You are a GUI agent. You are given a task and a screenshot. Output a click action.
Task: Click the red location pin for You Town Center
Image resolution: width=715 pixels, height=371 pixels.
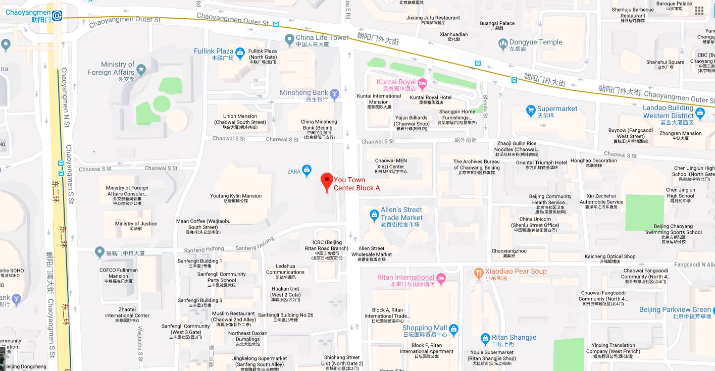327,181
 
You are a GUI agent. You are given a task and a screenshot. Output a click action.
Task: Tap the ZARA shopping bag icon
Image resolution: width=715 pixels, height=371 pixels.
307,171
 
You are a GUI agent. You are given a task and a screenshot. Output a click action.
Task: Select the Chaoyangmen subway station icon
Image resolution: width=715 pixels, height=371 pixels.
57,16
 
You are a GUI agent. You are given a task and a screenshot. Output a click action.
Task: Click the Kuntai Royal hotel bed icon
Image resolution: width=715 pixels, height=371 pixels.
422,82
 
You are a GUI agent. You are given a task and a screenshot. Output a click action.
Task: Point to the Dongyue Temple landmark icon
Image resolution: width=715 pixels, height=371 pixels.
503,44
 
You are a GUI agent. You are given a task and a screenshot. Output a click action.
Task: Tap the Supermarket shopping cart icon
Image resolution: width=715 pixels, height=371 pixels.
530,110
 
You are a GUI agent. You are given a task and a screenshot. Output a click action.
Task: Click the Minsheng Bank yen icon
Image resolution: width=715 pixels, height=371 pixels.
334,93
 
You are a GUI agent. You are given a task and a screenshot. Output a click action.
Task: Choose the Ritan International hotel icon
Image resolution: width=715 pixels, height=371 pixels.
441,278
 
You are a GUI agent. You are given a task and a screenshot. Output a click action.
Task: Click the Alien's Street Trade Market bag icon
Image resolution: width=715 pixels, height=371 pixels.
374,215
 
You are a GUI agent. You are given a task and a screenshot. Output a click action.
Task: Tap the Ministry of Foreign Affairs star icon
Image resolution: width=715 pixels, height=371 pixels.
140,69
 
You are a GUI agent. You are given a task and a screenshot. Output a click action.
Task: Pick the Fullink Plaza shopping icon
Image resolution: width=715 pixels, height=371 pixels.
240,52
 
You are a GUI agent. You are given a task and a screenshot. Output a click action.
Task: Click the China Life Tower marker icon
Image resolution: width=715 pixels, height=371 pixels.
289,39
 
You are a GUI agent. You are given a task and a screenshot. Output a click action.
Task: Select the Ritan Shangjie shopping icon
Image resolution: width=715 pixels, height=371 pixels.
485,339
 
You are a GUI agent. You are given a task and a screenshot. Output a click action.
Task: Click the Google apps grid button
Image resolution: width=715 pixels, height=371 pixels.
699,11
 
